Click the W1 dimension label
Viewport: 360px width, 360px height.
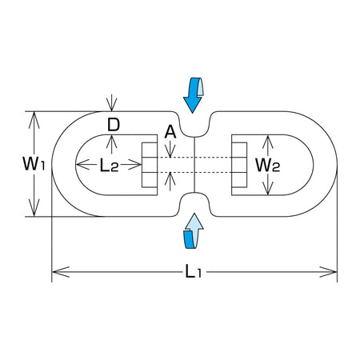tap(34, 164)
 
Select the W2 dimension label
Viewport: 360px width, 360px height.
tap(268, 165)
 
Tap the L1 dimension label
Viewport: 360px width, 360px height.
tap(194, 272)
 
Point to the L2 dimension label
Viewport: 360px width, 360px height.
tap(109, 165)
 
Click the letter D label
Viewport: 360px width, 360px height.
tap(114, 125)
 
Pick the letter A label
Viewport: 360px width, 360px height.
tap(170, 132)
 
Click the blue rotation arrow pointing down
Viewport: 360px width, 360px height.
tap(193, 95)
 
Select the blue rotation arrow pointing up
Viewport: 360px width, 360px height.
tap(194, 231)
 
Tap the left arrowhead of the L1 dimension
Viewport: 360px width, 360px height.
tap(61, 272)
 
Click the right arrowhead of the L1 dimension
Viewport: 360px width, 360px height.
tap(328, 272)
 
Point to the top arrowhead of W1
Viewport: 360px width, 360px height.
tap(34, 120)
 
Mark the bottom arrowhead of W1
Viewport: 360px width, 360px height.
tap(34, 207)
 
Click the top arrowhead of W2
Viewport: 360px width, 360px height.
tap(267, 142)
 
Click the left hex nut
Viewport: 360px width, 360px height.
tap(150, 165)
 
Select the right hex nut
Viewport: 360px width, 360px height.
tap(239, 165)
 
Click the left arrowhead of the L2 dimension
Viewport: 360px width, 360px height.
tap(82, 165)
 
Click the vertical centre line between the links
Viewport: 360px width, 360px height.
tap(194, 165)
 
